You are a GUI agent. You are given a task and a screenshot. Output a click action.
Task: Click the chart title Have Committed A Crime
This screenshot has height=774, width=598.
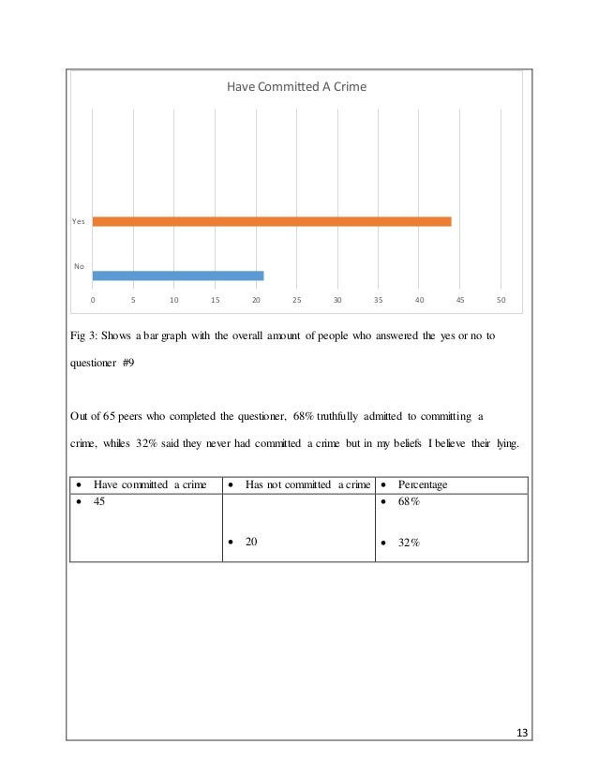pos(297,87)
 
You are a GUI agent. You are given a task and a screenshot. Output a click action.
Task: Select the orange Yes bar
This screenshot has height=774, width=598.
pos(272,221)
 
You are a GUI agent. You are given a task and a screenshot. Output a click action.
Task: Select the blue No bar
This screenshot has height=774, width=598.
pos(178,275)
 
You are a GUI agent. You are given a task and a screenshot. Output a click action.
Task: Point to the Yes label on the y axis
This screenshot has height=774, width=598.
pos(79,221)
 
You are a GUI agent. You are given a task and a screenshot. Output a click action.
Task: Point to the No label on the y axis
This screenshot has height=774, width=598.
pos(80,267)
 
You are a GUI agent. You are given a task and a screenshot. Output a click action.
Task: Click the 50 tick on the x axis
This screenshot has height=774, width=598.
pos(501,300)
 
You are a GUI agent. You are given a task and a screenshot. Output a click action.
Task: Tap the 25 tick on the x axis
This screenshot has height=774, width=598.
pos(296,300)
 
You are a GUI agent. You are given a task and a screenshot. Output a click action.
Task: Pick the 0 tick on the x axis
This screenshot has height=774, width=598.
pos(92,300)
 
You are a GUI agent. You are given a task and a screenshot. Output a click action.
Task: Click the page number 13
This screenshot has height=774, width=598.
pos(522,730)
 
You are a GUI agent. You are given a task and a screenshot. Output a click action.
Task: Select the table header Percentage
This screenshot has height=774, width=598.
pos(423,484)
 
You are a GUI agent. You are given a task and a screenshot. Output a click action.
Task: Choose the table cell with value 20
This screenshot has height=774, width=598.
pos(252,541)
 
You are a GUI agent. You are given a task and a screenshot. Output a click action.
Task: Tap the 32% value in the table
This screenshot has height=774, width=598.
pos(408,541)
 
